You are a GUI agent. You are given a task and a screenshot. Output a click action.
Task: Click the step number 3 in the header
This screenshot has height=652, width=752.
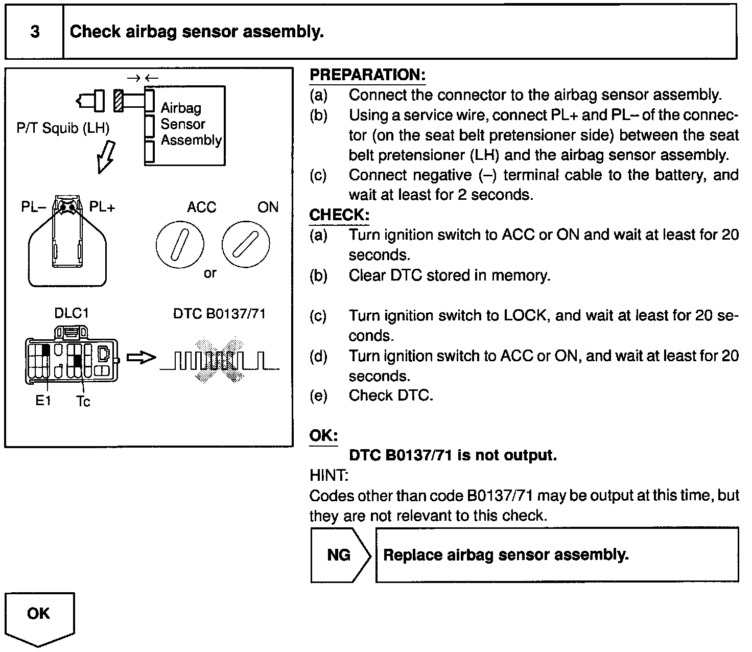pos(35,32)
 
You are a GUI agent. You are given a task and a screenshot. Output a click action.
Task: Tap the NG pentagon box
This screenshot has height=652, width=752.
pos(339,555)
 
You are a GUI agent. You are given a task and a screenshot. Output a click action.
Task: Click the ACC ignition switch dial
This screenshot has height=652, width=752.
pos(180,243)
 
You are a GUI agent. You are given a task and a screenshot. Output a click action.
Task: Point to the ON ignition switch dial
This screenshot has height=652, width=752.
pos(246,244)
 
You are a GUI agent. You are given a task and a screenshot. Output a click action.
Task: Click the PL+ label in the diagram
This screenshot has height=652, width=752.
pos(102,207)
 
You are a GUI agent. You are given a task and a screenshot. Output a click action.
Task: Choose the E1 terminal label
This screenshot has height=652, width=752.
pos(43,401)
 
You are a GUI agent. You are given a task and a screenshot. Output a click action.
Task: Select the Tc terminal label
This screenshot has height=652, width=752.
pos(83,402)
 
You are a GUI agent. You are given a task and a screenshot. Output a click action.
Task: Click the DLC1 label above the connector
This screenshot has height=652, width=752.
pos(72,313)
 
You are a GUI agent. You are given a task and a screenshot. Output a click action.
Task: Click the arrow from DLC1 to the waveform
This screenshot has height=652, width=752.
pos(140,358)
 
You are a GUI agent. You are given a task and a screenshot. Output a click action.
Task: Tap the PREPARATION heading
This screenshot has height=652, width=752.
pos(367,75)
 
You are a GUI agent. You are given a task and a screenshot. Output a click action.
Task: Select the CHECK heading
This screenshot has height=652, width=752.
pos(339,215)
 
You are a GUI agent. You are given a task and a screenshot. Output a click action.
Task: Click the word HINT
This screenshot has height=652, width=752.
pos(328,476)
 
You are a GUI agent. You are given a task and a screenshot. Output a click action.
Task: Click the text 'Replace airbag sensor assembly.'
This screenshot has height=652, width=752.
pos(506,555)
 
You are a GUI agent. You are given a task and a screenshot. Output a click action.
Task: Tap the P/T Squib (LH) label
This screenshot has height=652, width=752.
pos(63,128)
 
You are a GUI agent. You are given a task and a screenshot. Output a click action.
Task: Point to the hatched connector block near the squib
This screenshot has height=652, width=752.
pos(119,100)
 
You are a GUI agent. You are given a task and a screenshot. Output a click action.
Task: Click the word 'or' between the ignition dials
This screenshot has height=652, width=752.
pos(210,273)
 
